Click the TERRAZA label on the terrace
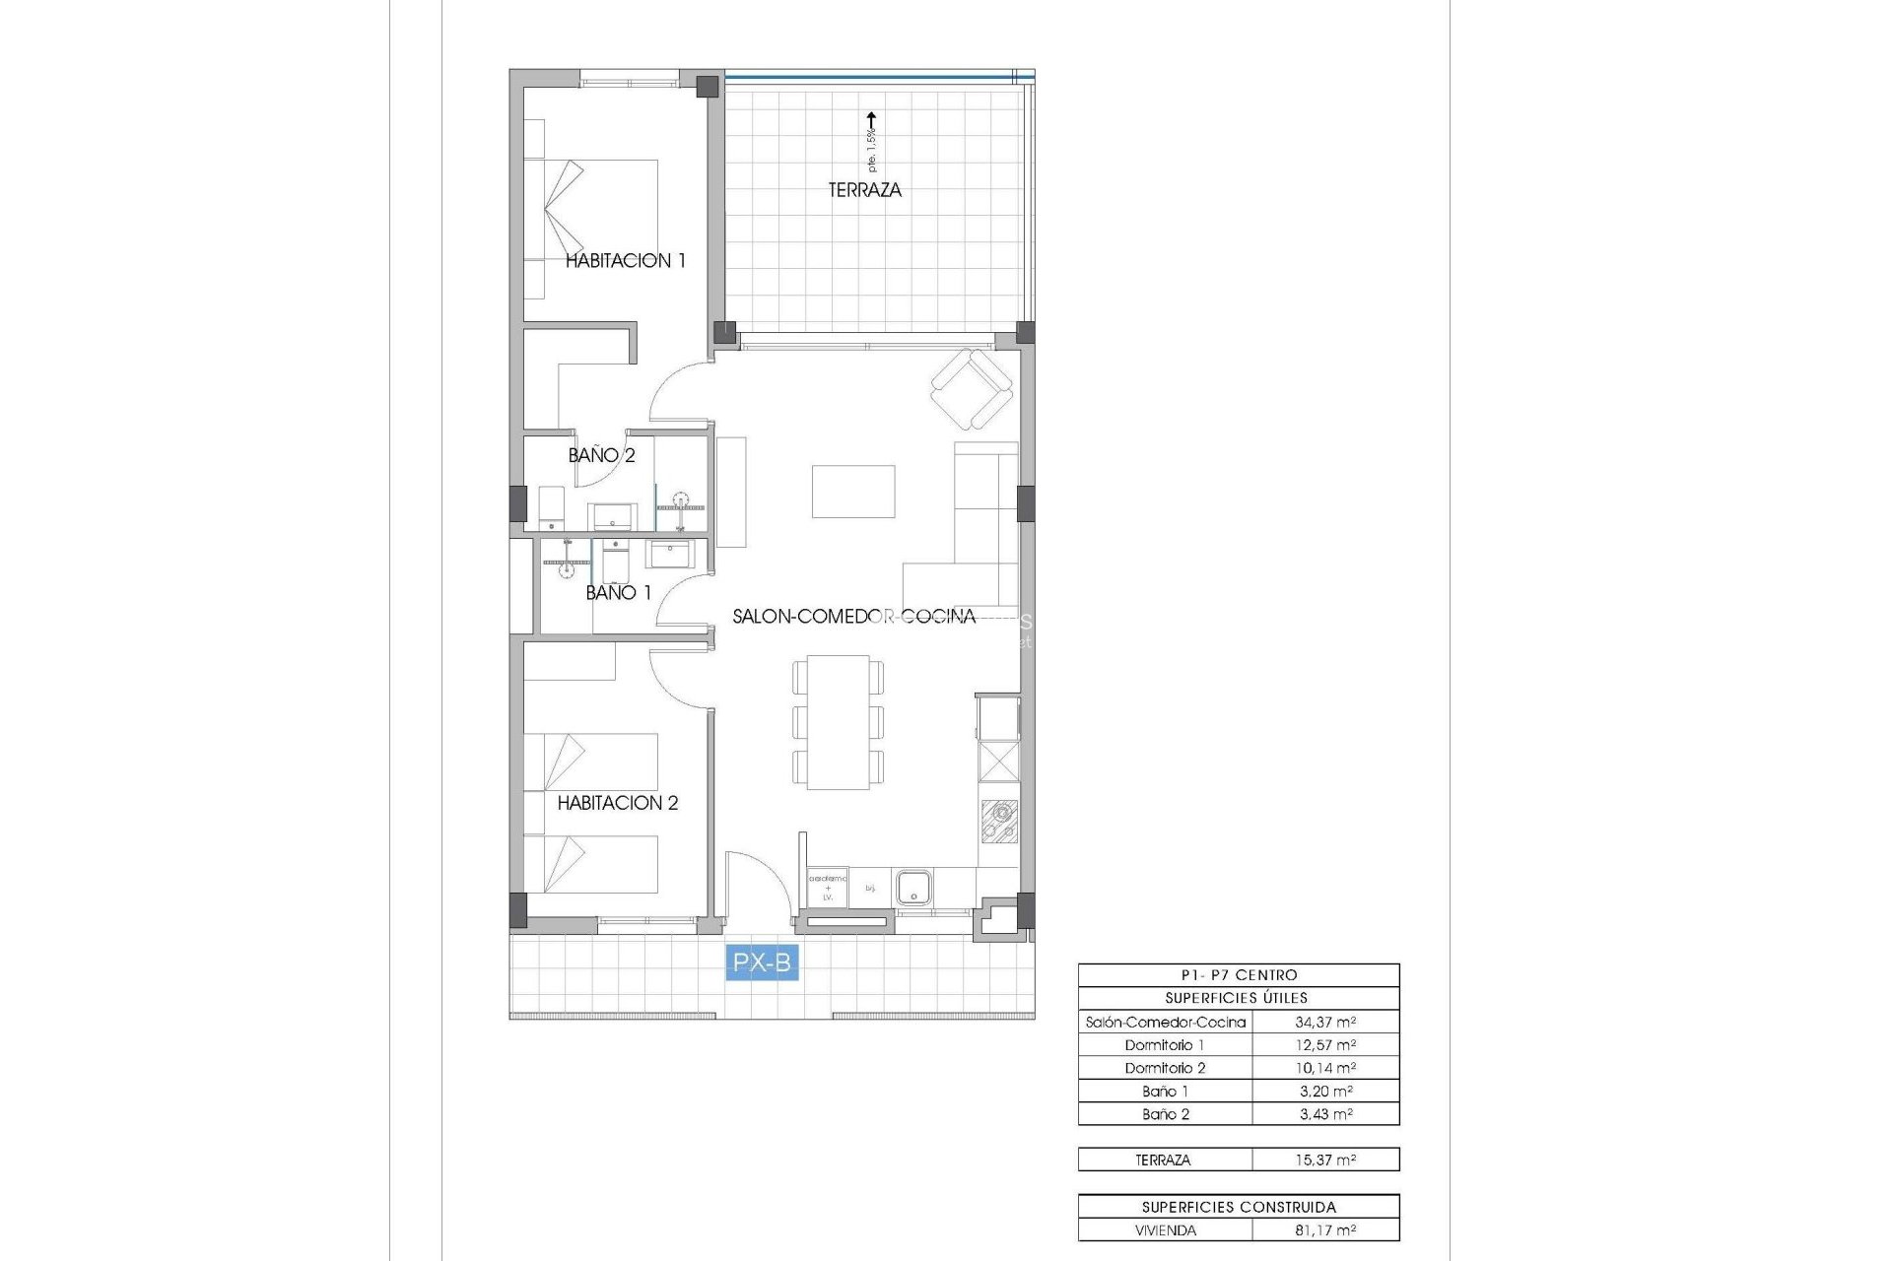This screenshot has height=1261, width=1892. click(x=864, y=190)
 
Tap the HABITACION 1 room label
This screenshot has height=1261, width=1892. click(x=625, y=261)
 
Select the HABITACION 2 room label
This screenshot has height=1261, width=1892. click(x=618, y=803)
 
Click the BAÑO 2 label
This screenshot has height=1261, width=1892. click(x=601, y=455)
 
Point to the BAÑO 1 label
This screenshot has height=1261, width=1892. click(x=618, y=592)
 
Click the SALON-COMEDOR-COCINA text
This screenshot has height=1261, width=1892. click(x=853, y=617)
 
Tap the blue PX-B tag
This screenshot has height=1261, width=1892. click(x=762, y=962)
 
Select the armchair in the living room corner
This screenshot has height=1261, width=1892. click(x=972, y=390)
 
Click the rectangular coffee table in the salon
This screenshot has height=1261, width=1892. click(x=853, y=492)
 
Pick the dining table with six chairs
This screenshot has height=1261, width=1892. click(x=838, y=722)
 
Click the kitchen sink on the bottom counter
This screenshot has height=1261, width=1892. click(x=913, y=887)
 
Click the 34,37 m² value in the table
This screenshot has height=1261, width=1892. click(x=1325, y=1022)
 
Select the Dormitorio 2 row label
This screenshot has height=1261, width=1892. click(x=1165, y=1068)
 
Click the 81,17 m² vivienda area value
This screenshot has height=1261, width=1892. click(x=1325, y=1230)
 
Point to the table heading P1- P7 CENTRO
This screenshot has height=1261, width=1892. click(x=1239, y=975)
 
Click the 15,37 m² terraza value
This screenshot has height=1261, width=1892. click(x=1325, y=1160)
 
